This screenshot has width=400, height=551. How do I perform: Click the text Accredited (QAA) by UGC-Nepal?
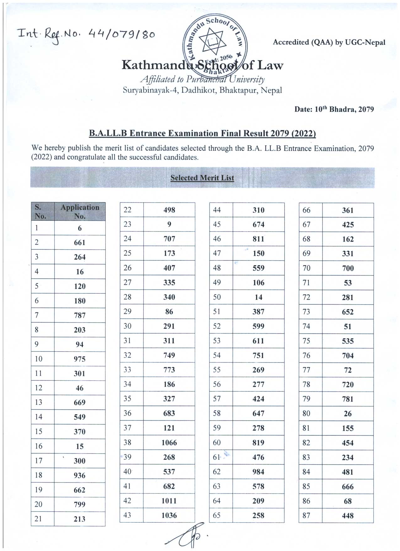click(x=329, y=42)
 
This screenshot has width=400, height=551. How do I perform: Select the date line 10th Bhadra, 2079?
click(x=334, y=109)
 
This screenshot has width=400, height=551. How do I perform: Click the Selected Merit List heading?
click(x=202, y=178)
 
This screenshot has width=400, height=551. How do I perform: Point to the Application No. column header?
click(x=80, y=211)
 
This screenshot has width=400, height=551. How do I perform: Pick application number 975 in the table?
click(x=80, y=359)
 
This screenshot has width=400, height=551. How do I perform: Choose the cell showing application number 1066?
click(x=169, y=443)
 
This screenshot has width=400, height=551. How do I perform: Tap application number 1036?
click(x=169, y=516)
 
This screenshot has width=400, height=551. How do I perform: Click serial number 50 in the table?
click(x=217, y=297)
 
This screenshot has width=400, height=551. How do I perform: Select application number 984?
click(x=258, y=472)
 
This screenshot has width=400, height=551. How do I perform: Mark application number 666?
click(x=348, y=487)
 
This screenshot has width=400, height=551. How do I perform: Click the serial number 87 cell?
click(x=306, y=516)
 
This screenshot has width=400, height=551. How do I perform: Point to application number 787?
click(x=80, y=315)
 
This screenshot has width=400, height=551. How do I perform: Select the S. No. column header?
click(x=40, y=211)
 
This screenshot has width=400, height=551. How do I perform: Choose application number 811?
click(x=258, y=239)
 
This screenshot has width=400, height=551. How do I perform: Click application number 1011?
click(x=169, y=501)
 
